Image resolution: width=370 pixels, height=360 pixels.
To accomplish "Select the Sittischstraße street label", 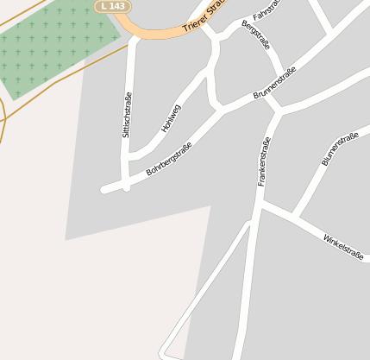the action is [x=127, y=116].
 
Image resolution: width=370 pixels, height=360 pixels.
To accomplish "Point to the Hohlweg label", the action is [x=172, y=118].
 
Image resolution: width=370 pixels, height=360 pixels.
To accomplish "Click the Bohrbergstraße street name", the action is [x=169, y=159].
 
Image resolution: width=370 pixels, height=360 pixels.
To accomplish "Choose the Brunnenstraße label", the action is [x=275, y=84].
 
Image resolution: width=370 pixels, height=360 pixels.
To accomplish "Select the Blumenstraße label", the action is [x=339, y=149].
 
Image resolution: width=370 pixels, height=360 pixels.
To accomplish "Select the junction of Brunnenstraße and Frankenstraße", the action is [x=276, y=111].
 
